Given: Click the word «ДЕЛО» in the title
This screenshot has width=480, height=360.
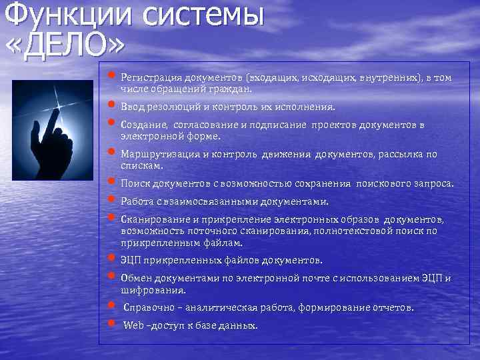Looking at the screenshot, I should click(65, 43).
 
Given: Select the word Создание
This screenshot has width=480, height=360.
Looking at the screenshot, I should click(143, 125).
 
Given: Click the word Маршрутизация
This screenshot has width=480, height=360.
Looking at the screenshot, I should click(158, 155).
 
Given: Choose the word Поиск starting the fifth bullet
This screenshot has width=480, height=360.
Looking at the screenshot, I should click(135, 183).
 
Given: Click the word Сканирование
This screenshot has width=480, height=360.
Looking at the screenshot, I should click(151, 219).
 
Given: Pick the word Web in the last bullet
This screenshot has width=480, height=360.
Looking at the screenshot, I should click(134, 325).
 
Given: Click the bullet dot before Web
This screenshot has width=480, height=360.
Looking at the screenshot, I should click(111, 325).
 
